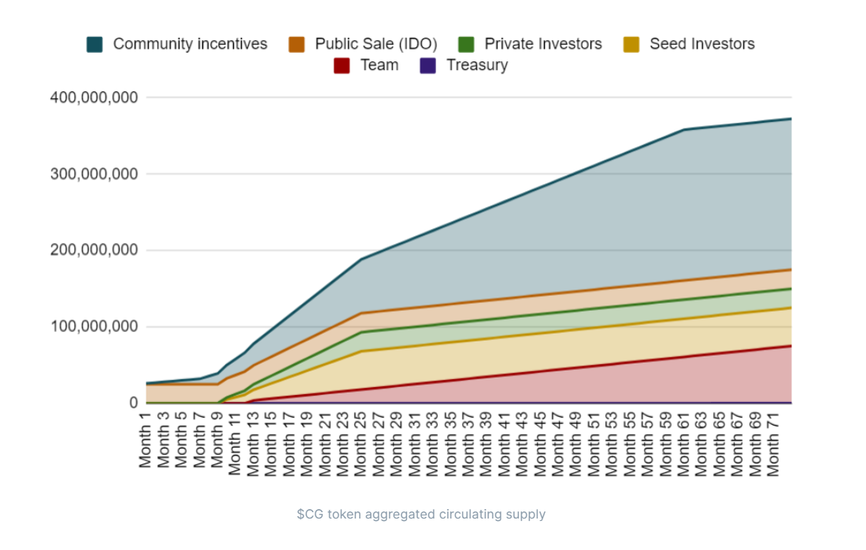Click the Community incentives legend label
[190, 44]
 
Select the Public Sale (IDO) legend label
[376, 44]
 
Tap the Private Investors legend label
[542, 44]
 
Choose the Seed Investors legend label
[701, 44]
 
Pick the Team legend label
[379, 65]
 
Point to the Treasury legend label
[477, 65]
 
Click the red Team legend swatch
[342, 66]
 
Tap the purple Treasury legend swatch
[427, 66]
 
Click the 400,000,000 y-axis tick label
[94, 98]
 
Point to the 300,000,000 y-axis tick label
[94, 174]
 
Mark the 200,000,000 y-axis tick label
[94, 250]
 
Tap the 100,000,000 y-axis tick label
[94, 327]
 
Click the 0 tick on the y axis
[133, 403]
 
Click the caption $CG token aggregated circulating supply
[420, 515]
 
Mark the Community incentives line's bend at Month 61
[683, 130]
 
